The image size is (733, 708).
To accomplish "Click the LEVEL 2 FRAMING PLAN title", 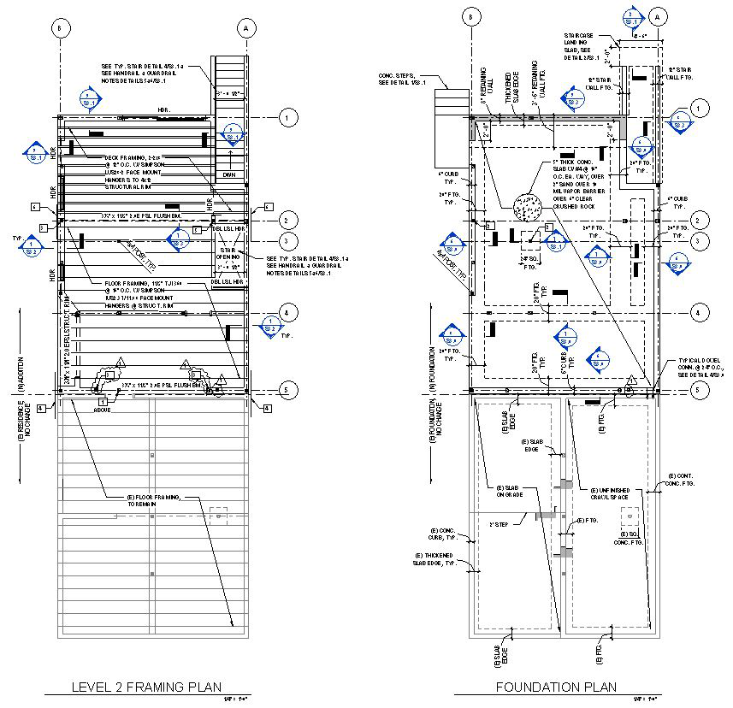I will [x=146, y=687].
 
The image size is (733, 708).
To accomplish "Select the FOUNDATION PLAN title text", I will [x=555, y=687].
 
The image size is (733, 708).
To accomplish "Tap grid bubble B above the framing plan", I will [x=59, y=28].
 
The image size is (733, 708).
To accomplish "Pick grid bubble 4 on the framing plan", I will [x=288, y=314].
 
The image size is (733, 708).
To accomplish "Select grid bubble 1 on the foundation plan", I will [x=700, y=109].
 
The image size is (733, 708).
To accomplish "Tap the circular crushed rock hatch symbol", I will [x=526, y=206].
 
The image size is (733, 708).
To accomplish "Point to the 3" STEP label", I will [x=499, y=523].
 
